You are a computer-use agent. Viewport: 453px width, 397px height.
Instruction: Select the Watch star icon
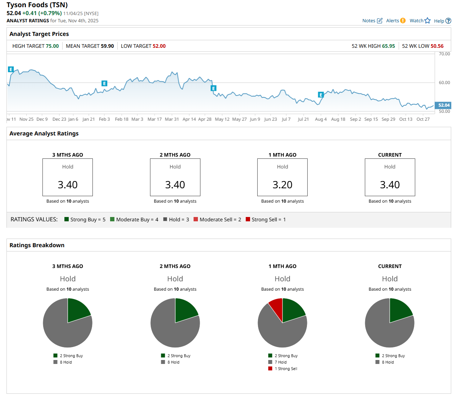(427, 20)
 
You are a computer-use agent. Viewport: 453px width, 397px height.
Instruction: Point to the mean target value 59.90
(107, 46)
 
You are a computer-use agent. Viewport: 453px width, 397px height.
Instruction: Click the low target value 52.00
(159, 46)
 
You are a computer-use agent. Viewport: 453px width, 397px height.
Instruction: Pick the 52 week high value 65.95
(388, 46)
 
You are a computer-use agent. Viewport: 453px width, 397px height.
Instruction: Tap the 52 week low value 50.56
(437, 46)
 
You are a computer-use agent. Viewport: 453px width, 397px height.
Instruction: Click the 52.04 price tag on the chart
(444, 105)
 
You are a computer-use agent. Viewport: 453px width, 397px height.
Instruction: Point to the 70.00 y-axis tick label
(444, 54)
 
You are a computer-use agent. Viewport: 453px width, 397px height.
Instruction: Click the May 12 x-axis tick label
(222, 119)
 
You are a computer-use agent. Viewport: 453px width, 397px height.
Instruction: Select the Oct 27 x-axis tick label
(423, 119)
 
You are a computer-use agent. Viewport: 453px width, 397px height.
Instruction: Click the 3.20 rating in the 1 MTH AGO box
(282, 185)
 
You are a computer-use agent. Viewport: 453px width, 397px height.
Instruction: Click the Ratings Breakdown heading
(37, 245)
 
